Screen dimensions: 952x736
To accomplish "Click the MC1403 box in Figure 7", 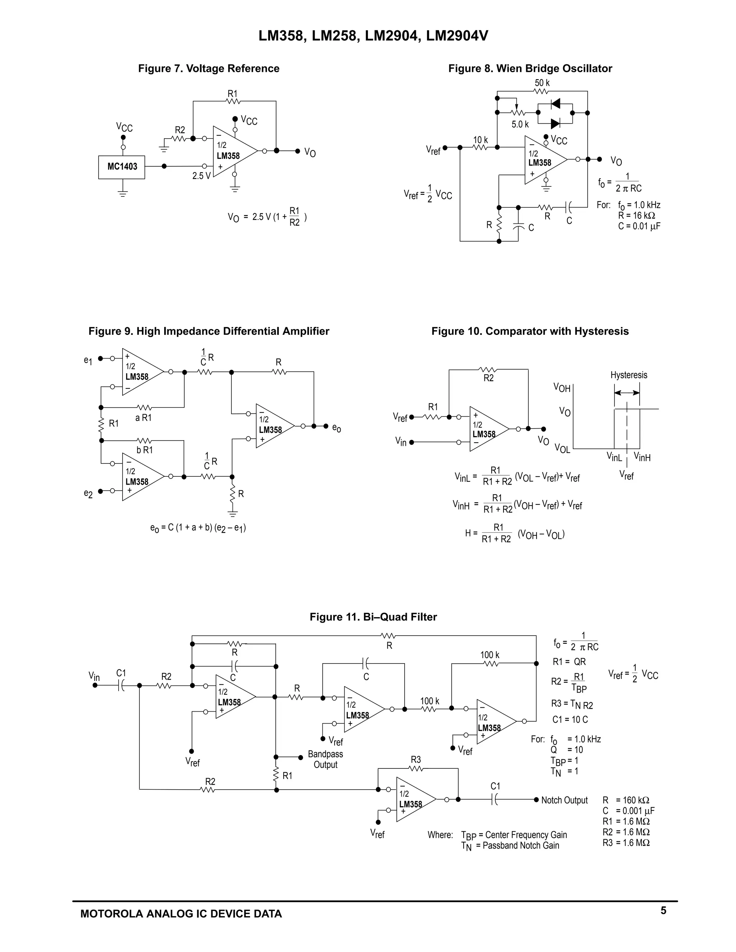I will (122, 167).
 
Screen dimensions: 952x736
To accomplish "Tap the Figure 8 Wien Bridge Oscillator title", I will (530, 68).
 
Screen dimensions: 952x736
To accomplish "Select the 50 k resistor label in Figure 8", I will (542, 83).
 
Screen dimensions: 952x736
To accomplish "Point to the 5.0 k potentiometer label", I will (520, 125).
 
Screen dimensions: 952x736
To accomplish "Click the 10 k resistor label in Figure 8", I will (480, 140).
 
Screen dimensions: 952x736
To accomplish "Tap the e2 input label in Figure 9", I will (88, 494).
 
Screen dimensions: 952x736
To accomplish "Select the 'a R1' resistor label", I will (143, 417).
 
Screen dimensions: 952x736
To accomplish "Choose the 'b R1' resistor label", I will (145, 450).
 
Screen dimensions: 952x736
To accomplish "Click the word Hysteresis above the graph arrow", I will (628, 375).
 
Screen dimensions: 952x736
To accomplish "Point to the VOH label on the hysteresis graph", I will (562, 388).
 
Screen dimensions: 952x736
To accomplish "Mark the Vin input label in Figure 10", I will (401, 442).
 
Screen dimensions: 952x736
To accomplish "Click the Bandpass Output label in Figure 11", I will (325, 759).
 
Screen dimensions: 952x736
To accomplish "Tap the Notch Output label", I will (564, 800).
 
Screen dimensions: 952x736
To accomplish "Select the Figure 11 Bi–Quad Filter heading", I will (373, 617).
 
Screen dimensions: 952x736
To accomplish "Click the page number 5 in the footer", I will (663, 911).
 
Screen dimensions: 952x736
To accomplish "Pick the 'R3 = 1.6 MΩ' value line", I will (626, 842).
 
